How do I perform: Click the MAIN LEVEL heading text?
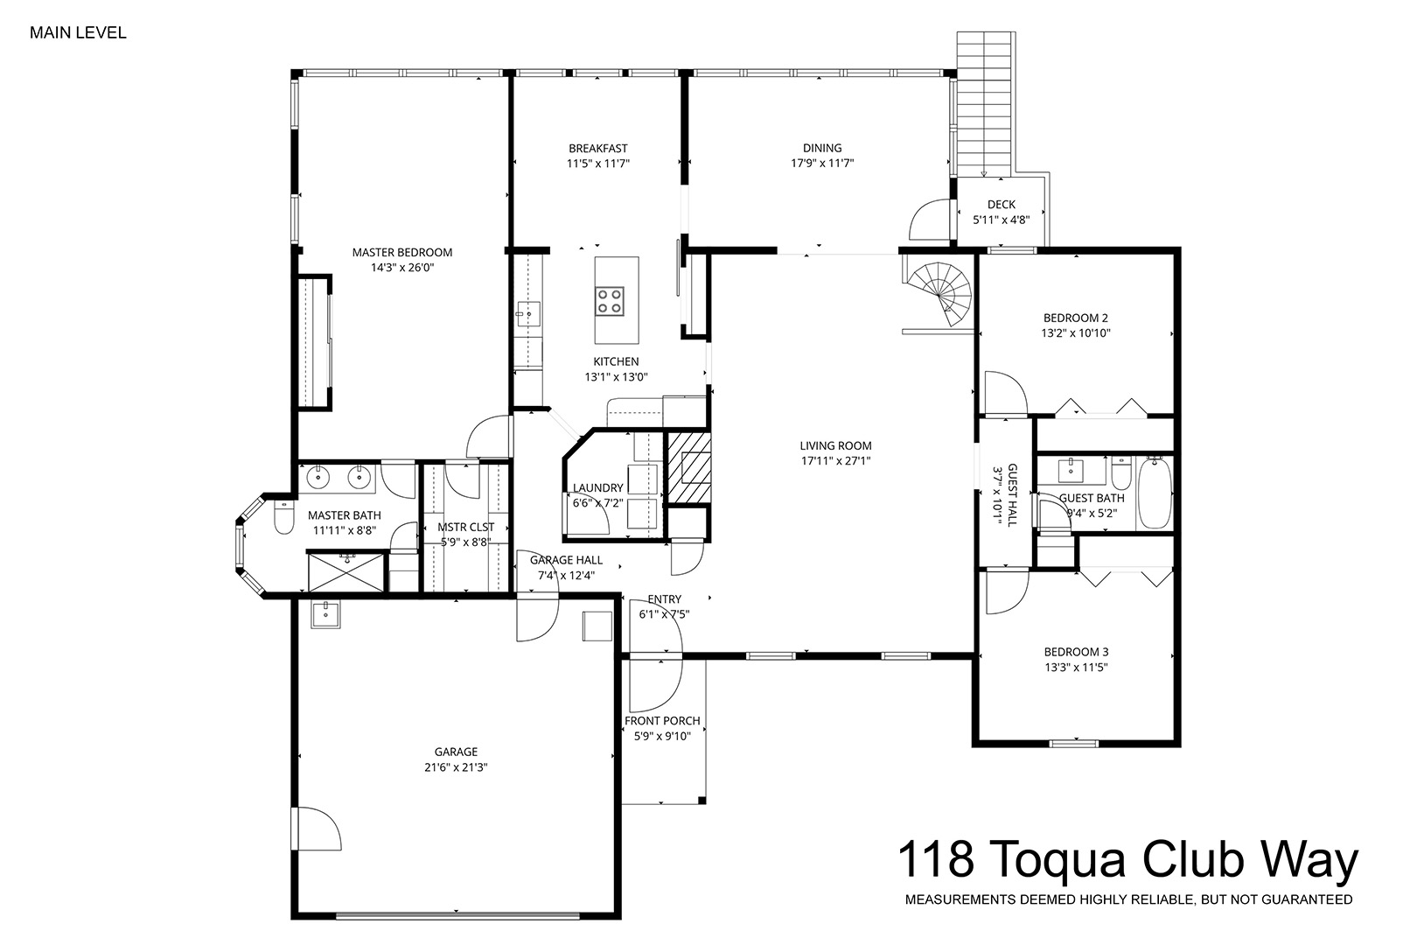78,33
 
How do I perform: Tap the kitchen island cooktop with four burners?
609,301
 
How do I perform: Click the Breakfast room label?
597,148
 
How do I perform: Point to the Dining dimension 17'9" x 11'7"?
821,164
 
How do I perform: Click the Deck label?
1001,205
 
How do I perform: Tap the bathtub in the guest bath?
1155,493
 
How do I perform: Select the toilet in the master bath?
284,516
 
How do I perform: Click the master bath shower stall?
346,571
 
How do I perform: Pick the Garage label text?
456,752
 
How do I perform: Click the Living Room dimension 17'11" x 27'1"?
835,461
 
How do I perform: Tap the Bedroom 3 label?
1076,651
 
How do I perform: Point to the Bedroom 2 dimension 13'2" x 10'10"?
1075,332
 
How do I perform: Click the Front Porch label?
662,720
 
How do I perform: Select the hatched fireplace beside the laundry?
689,468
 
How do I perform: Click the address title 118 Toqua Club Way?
1127,859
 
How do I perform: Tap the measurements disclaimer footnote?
1128,899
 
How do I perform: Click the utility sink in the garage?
325,614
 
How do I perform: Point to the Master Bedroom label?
402,253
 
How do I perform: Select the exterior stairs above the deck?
986,104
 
